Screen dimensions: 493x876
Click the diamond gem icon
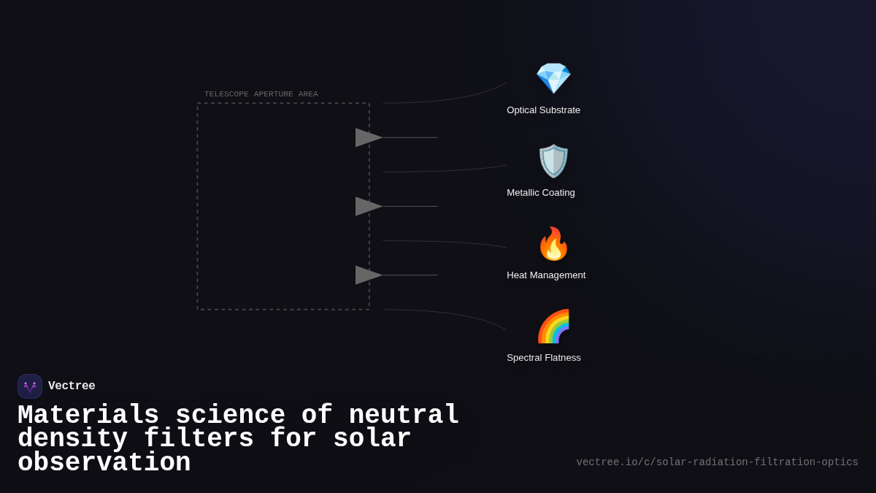pyautogui.click(x=553, y=78)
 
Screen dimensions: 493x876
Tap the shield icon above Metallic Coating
pyautogui.click(x=553, y=161)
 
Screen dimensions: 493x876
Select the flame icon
pyautogui.click(x=553, y=243)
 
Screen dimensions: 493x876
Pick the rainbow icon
pyautogui.click(x=553, y=326)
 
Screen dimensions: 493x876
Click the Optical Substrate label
pyautogui.click(x=543, y=110)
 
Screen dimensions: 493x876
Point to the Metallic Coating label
pyautogui.click(x=541, y=193)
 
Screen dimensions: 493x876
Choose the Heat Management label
pyautogui.click(x=546, y=275)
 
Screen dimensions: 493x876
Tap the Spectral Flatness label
pyautogui.click(x=544, y=358)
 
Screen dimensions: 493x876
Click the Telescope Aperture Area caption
pyautogui.click(x=261, y=94)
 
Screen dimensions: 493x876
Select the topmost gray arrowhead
pyautogui.click(x=368, y=137)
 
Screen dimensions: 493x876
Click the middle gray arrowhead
pyautogui.click(x=368, y=206)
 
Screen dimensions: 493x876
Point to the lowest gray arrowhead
pyautogui.click(x=368, y=275)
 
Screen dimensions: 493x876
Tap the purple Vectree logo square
pyautogui.click(x=30, y=386)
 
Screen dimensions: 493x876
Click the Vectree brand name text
pyautogui.click(x=72, y=386)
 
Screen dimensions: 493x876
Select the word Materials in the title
pyautogui.click(x=88, y=416)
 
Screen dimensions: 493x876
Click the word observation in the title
pyautogui.click(x=104, y=463)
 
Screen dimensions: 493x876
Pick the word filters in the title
pyautogui.click(x=199, y=439)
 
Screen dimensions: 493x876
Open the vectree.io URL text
pyautogui.click(x=717, y=462)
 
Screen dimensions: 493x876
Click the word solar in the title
pyautogui.click(x=372, y=439)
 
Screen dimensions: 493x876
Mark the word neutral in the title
pyautogui.click(x=404, y=416)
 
